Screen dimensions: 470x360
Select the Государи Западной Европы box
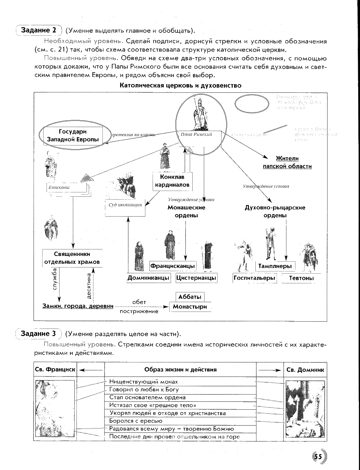coord(73,136)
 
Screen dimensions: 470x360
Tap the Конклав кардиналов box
coord(172,181)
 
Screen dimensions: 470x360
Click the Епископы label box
coord(67,188)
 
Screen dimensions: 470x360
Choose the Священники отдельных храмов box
coord(72,258)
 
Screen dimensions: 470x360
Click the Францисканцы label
coord(172,266)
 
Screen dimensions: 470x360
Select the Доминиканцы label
coord(148,278)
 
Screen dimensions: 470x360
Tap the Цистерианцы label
coord(196,278)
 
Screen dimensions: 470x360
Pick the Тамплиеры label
coord(275,266)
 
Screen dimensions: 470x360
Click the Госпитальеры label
coord(254,278)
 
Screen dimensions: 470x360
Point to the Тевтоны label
coord(301,278)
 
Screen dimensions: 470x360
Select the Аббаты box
coord(190,297)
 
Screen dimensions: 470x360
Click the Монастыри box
coord(190,307)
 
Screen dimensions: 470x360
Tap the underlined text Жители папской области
coord(287,162)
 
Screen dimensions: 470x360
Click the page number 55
coord(318,456)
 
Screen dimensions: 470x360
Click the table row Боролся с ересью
coord(180,421)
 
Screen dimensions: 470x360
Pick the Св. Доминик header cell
coord(305,370)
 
